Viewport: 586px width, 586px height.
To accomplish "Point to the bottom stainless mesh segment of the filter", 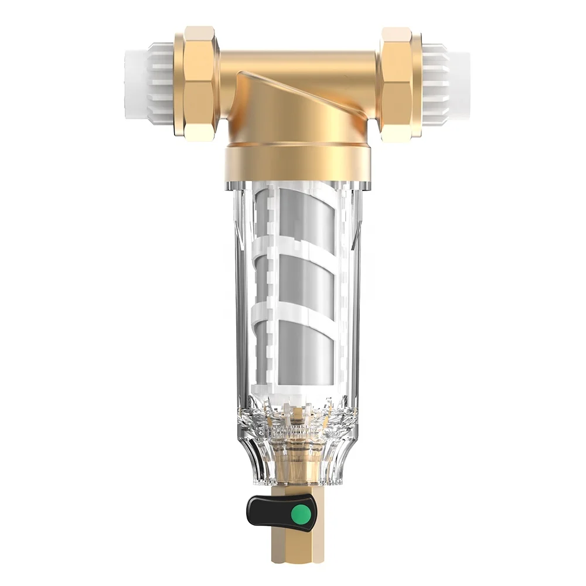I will tap(297, 346).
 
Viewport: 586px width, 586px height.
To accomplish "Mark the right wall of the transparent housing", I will tap(356, 293).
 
